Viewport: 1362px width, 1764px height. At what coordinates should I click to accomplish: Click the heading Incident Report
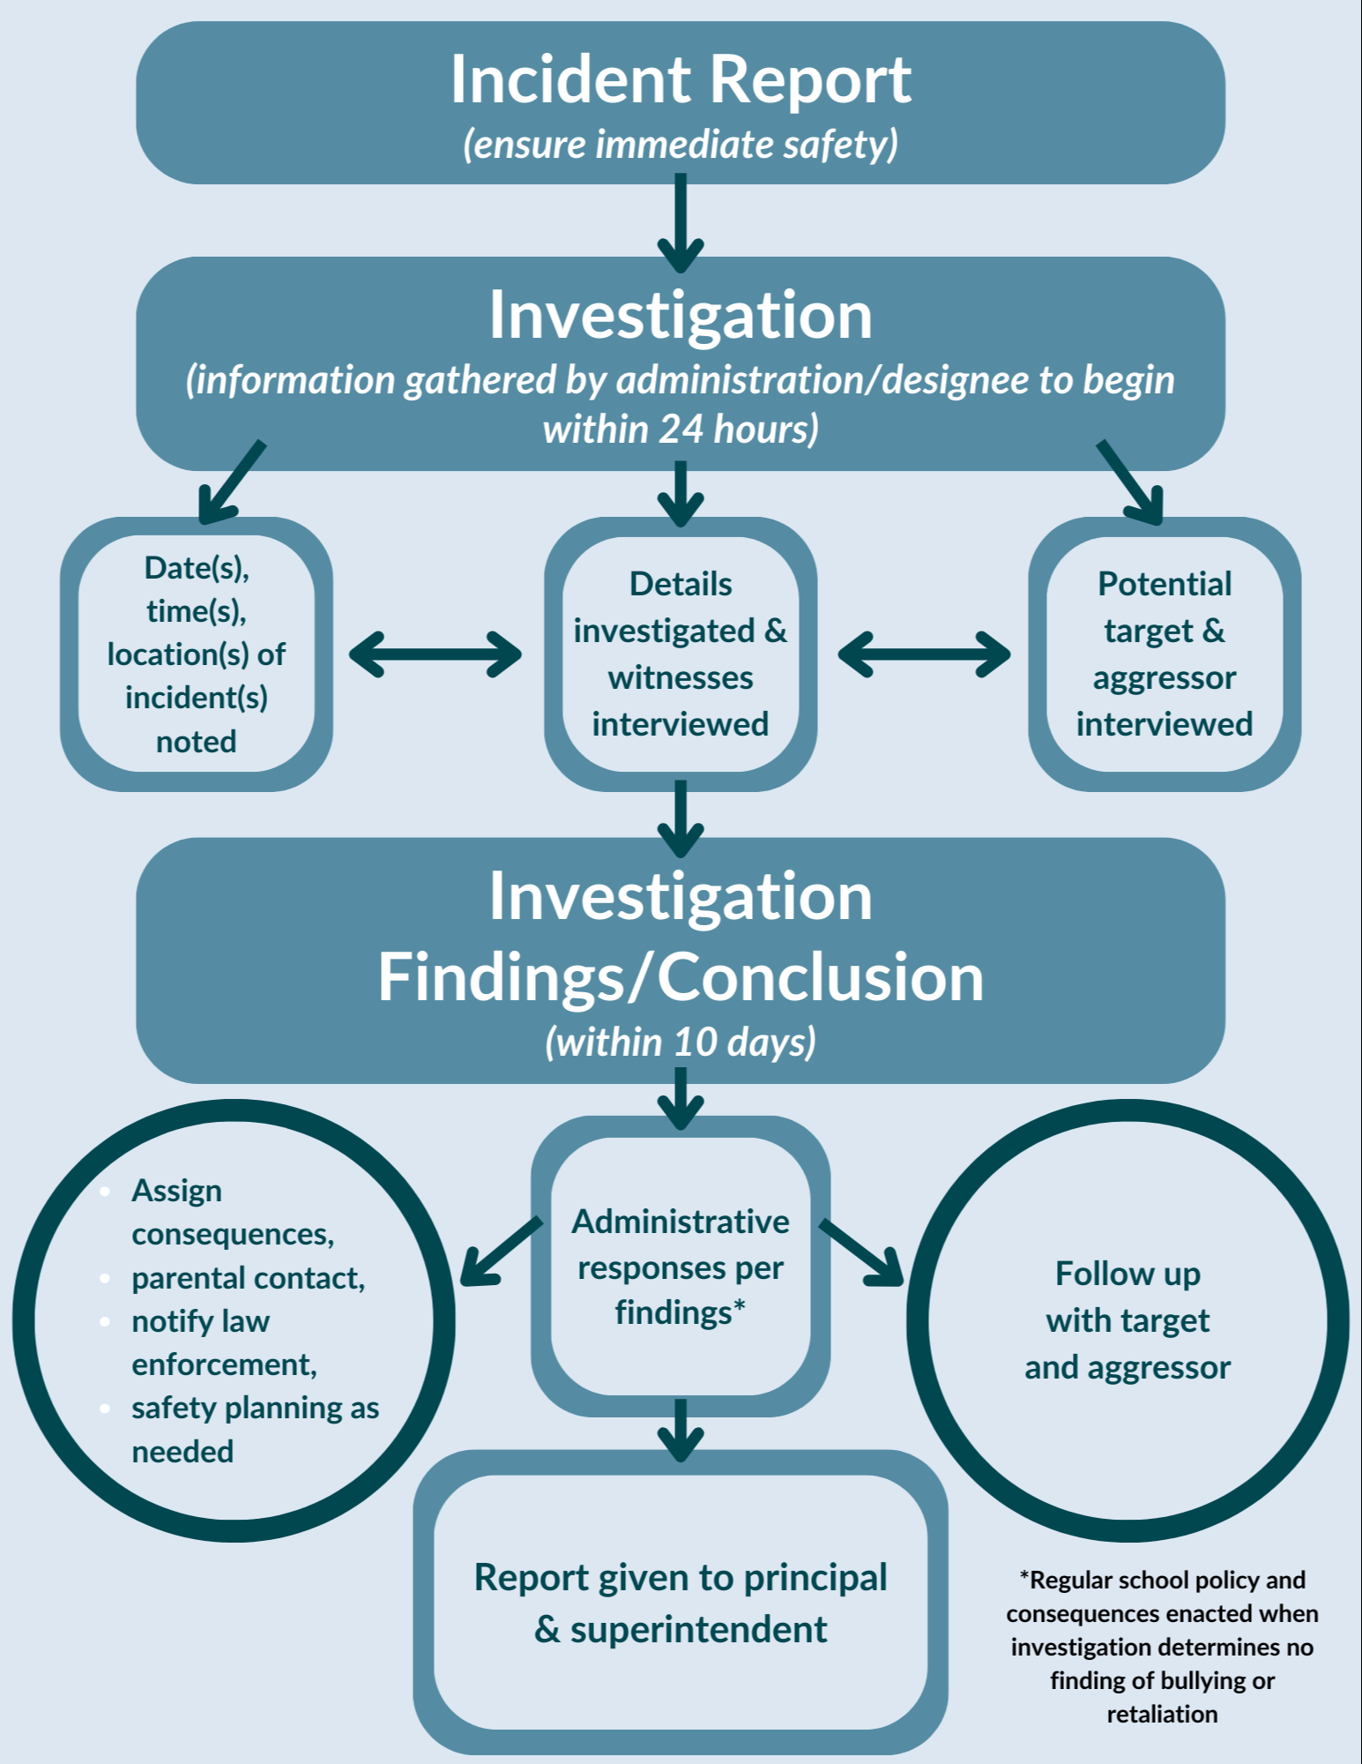pos(681,79)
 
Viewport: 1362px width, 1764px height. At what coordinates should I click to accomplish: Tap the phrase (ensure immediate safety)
pos(681,145)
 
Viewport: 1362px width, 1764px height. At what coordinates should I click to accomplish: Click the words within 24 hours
pos(681,430)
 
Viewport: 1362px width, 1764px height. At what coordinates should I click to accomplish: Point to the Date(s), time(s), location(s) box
pos(197,654)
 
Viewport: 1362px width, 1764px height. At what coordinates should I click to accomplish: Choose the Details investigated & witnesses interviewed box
pos(681,654)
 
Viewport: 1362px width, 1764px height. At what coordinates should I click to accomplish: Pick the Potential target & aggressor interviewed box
pos(1164,654)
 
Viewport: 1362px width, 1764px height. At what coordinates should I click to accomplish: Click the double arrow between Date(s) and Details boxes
pos(435,654)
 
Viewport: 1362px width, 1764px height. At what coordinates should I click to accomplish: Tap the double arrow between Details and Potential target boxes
pos(924,654)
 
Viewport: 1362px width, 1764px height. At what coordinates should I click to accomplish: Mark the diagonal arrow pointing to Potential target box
pos(1131,482)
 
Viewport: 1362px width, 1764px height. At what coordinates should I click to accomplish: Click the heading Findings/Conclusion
pos(681,977)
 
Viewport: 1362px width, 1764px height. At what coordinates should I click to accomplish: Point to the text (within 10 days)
pos(681,1043)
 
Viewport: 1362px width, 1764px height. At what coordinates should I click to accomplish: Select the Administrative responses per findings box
pos(681,1267)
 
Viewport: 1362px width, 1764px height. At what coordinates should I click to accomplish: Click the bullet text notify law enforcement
pos(224,1342)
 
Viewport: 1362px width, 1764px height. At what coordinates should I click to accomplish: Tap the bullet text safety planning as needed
pos(255,1429)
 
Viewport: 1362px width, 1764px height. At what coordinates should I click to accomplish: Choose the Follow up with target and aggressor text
pos(1128,1320)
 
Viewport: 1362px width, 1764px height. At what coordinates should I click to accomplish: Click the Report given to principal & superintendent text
pos(681,1603)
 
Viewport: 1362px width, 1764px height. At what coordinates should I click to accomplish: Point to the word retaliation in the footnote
pos(1162,1714)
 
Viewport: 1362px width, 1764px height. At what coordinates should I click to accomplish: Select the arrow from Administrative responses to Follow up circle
pos(861,1252)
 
